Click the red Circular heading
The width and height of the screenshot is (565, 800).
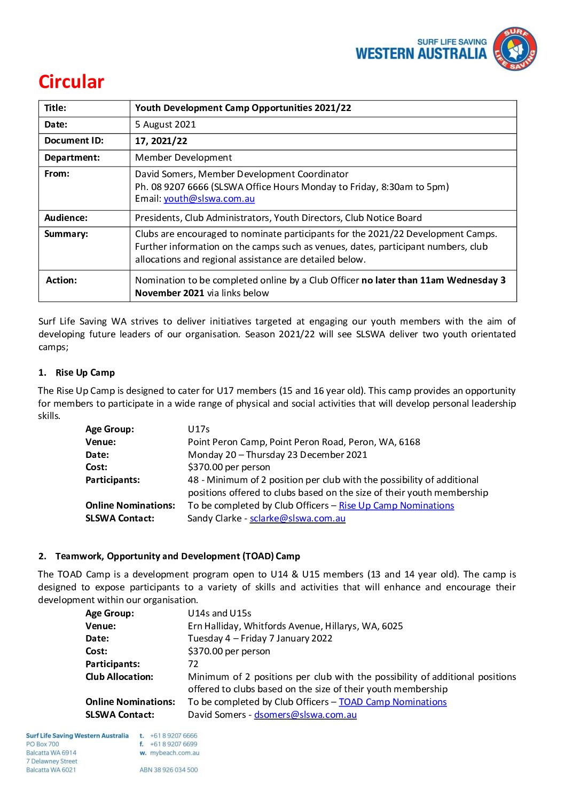(x=71, y=82)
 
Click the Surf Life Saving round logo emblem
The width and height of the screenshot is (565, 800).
(x=514, y=50)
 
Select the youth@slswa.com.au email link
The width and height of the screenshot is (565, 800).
(x=209, y=199)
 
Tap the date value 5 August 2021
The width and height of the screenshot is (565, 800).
(x=166, y=124)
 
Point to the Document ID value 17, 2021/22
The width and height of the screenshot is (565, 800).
(x=161, y=141)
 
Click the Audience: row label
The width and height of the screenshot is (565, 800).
(x=66, y=218)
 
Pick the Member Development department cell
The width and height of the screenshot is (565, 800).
(x=183, y=157)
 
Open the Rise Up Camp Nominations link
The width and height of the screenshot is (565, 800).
(x=396, y=505)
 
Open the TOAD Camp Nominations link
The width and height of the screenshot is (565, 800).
(x=393, y=702)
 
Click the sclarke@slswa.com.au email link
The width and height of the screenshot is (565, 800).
(x=297, y=518)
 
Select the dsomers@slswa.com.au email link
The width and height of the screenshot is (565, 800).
(x=305, y=715)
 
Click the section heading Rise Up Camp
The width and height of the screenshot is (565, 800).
(x=85, y=373)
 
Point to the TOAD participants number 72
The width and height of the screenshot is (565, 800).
(x=193, y=664)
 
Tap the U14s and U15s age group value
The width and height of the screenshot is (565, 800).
(x=219, y=613)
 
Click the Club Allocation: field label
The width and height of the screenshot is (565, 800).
(x=119, y=677)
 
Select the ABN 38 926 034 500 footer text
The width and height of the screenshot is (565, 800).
(x=169, y=770)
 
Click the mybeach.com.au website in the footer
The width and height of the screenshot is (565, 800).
(x=175, y=753)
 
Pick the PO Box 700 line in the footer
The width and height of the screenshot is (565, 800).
(x=43, y=744)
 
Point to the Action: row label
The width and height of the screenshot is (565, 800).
(x=61, y=280)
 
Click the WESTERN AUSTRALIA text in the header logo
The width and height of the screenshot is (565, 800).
(x=421, y=54)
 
